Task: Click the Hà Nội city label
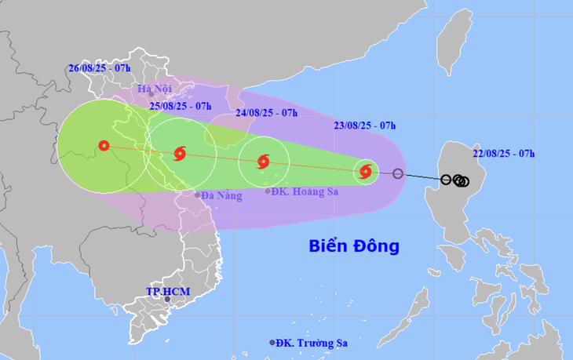click(x=154, y=89)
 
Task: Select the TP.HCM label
click(x=167, y=292)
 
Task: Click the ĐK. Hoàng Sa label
click(x=302, y=191)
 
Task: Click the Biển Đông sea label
click(x=353, y=246)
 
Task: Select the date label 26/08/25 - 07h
click(x=99, y=68)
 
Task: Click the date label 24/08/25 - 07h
click(x=266, y=113)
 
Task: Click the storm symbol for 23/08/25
click(x=365, y=171)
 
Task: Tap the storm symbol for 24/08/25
click(x=264, y=162)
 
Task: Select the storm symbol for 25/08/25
click(x=179, y=152)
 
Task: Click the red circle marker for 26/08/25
click(x=104, y=145)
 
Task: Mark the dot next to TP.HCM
click(x=167, y=300)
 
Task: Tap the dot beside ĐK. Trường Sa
click(x=272, y=343)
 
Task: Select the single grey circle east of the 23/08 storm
click(x=398, y=174)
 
